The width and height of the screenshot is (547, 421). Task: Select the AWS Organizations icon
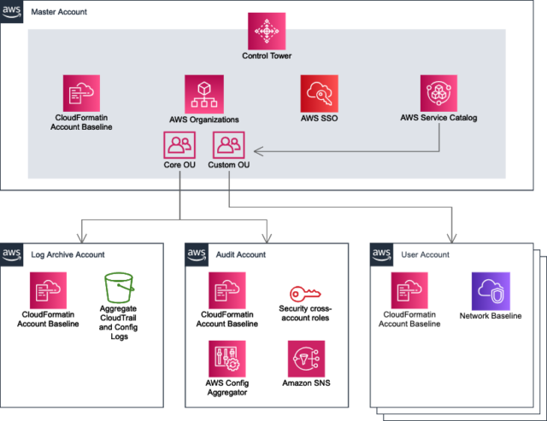203,92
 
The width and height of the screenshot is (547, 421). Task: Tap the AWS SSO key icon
319,92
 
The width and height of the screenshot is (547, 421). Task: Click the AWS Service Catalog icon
438,92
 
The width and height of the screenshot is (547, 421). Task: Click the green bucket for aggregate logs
121,293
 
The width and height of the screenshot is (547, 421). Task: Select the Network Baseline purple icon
491,290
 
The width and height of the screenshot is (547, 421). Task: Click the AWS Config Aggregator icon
226,359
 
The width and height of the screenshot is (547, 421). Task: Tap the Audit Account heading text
240,254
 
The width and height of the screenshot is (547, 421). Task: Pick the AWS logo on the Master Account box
11,12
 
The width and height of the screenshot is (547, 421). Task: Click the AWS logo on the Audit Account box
197,254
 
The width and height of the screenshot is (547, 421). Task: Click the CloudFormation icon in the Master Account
81,92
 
